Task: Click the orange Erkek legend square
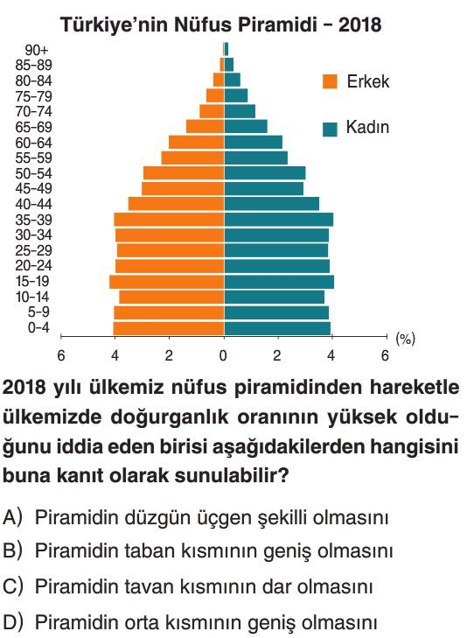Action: coord(330,81)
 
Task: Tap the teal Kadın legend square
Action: coord(330,130)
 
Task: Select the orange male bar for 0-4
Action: coord(169,328)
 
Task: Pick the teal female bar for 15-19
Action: coord(279,282)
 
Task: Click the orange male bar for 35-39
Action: coord(169,220)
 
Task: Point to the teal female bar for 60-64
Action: coord(254,142)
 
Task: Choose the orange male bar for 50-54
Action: coord(184,173)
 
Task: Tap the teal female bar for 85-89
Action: coord(229,65)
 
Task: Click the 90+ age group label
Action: coord(36,50)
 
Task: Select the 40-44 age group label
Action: coord(34,204)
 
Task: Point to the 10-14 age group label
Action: coord(32,297)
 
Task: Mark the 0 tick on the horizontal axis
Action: coord(223,355)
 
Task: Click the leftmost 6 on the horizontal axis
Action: coord(61,355)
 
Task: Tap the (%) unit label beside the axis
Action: coord(405,338)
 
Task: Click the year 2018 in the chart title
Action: coord(360,25)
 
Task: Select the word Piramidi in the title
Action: coord(277,25)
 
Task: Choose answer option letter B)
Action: coord(12,551)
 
